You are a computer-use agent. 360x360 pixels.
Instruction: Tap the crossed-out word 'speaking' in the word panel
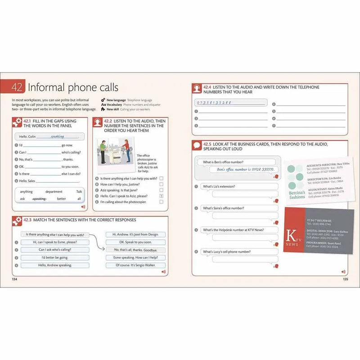click(x=40, y=198)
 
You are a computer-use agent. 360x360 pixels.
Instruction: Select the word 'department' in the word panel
click(x=54, y=192)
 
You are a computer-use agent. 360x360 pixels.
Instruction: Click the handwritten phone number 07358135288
click(x=214, y=103)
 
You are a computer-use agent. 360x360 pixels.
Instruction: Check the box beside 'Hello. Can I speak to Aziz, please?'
click(x=161, y=196)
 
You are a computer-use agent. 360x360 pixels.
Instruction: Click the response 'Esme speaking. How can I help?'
click(x=135, y=258)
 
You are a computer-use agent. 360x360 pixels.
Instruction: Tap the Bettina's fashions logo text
click(x=297, y=194)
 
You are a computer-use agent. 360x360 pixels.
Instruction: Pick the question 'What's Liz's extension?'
click(x=219, y=186)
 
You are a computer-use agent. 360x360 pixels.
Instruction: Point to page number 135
click(x=345, y=279)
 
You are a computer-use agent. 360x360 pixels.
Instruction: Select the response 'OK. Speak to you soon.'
click(x=135, y=242)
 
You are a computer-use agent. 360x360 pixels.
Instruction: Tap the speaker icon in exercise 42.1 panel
click(x=83, y=207)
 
